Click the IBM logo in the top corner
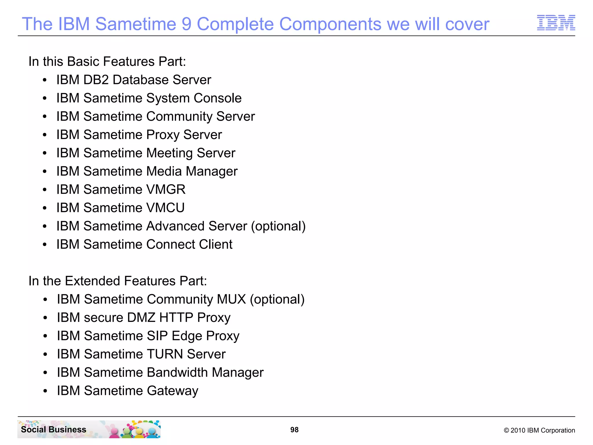(556, 23)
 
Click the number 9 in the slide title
(186, 24)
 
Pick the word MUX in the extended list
(231, 299)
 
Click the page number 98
(294, 430)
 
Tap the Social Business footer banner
(89, 429)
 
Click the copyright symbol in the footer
(506, 431)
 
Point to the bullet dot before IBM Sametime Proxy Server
(45, 135)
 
